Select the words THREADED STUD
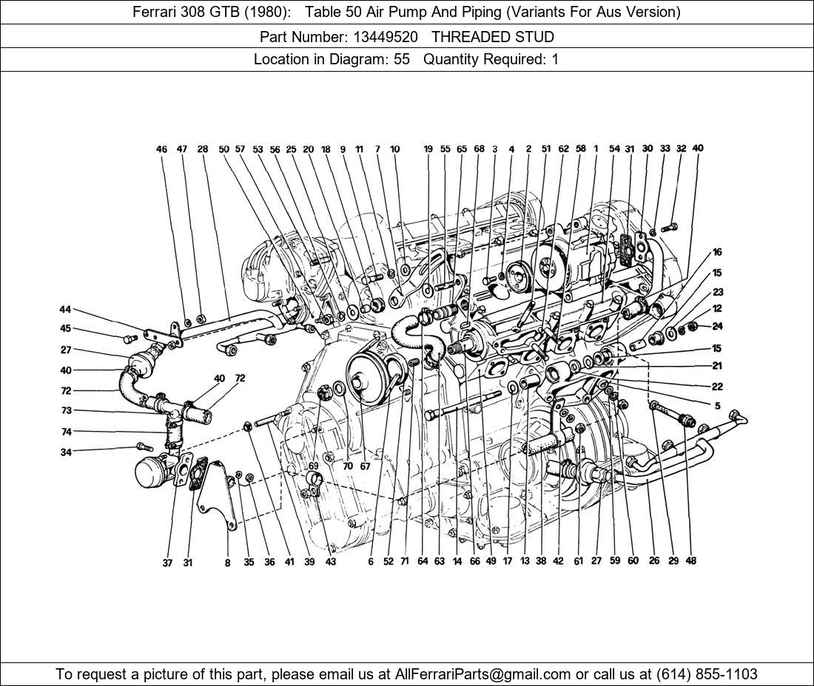[493, 36]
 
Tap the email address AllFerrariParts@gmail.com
[483, 673]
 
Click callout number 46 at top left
[162, 149]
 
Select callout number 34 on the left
[66, 452]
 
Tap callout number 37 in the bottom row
[168, 563]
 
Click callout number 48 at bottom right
[690, 561]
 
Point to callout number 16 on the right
[717, 253]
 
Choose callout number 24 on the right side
[717, 326]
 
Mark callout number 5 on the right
[717, 405]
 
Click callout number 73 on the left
[66, 411]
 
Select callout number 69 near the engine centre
[314, 466]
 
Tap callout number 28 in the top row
[203, 149]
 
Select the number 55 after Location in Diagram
[402, 59]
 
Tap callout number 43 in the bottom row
[331, 562]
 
